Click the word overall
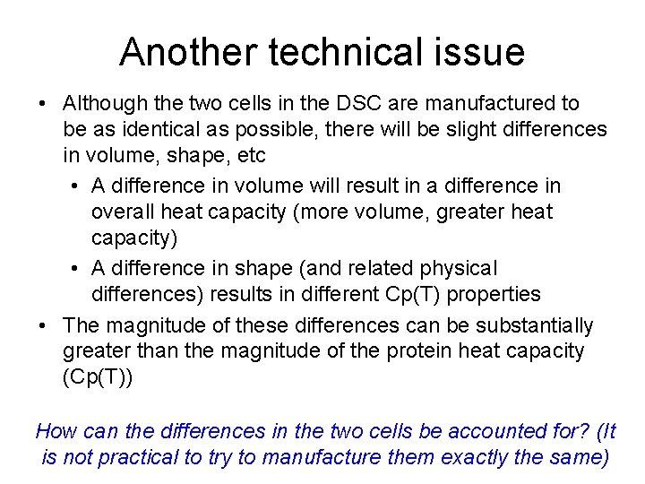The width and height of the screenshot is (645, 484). (122, 212)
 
